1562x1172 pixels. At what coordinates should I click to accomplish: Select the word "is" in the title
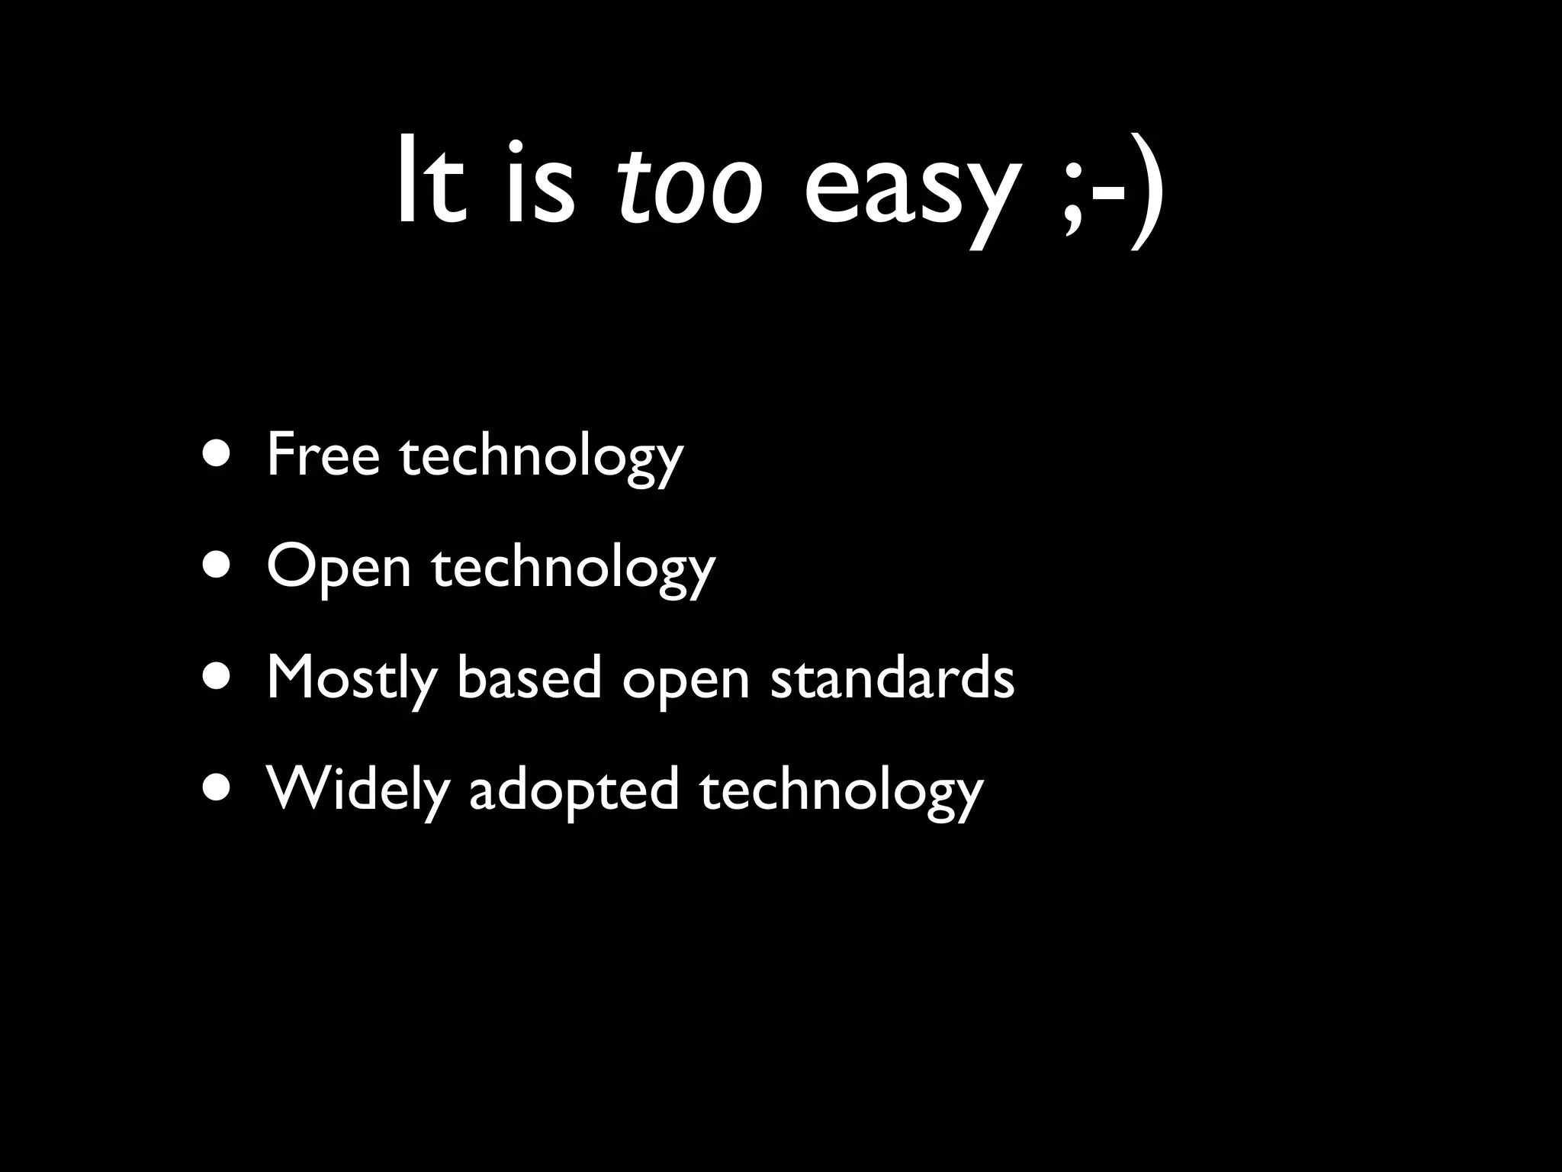point(538,183)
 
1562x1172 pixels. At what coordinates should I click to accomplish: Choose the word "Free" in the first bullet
point(323,455)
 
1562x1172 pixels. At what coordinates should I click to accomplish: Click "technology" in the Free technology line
point(542,458)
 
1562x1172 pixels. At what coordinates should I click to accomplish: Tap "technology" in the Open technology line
point(574,570)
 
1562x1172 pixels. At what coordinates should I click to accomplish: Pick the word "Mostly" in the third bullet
point(352,679)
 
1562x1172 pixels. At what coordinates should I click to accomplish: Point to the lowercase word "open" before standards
point(686,681)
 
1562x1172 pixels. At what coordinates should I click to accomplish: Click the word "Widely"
point(358,789)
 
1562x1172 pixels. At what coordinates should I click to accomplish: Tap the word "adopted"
point(574,790)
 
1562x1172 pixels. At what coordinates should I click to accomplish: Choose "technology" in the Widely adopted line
point(841,792)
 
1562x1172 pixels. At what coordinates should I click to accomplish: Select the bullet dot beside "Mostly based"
point(218,678)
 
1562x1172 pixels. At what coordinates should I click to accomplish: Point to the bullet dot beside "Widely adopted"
point(218,790)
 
